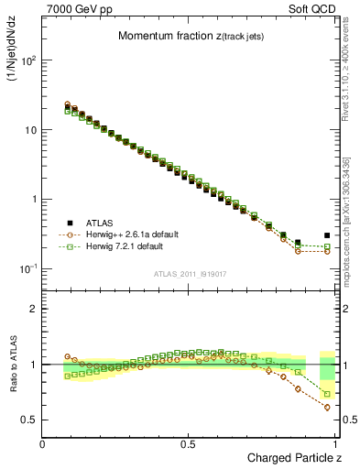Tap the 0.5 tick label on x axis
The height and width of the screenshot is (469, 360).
click(x=188, y=443)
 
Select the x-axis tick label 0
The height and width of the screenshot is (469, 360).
click(x=42, y=443)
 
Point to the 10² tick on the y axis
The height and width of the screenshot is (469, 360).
click(x=27, y=60)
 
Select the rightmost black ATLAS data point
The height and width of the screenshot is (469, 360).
click(x=327, y=235)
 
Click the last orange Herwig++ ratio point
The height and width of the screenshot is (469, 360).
click(x=327, y=408)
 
